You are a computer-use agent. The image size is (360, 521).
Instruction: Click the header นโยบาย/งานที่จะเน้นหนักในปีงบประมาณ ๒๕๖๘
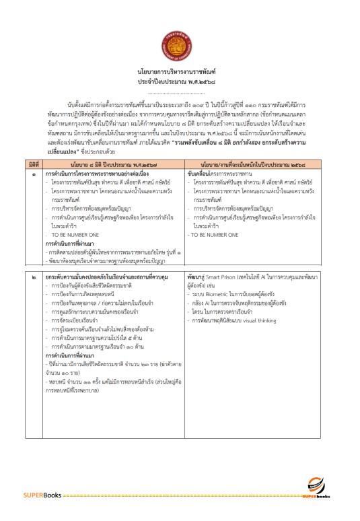point(261,165)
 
